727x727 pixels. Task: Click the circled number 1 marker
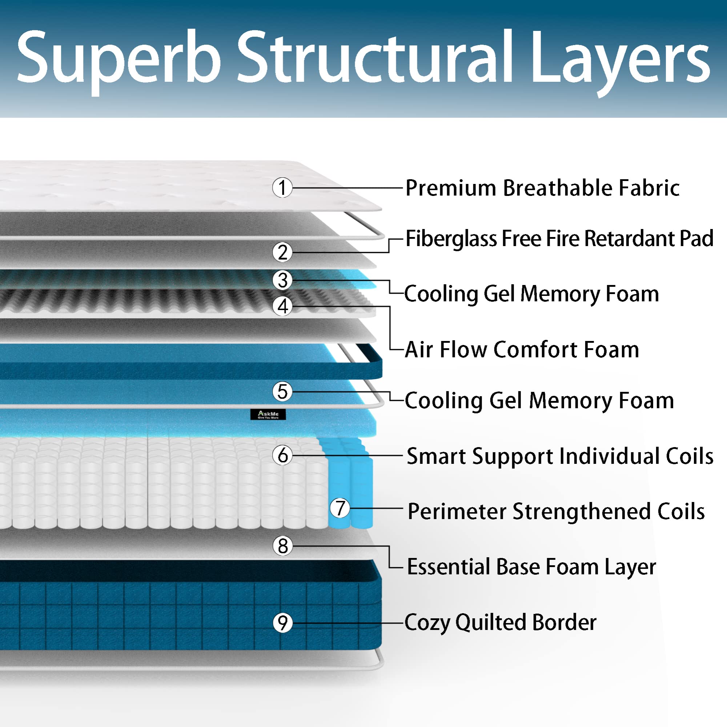[282, 188]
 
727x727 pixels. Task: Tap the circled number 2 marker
[282, 252]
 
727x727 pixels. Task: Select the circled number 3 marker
[282, 280]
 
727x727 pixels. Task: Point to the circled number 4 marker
[282, 306]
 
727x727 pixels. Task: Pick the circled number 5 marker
[282, 391]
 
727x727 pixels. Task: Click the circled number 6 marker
[282, 455]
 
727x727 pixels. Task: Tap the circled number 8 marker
[282, 546]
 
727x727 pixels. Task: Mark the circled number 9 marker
[282, 623]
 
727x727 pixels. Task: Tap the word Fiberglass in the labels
[451, 238]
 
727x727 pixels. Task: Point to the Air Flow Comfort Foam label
[522, 350]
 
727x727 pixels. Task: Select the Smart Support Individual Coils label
[560, 456]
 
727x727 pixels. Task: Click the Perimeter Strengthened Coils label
[556, 511]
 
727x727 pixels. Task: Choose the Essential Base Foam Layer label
[531, 567]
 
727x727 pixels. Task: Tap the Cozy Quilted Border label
[501, 622]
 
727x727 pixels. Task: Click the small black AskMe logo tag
[268, 415]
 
